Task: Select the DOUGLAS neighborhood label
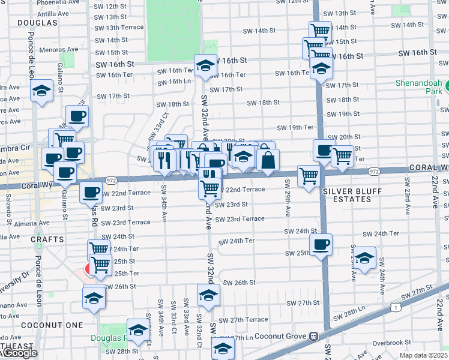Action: pos(37,23)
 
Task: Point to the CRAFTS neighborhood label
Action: pos(49,239)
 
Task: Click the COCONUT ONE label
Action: pos(43,325)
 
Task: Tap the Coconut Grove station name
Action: pos(281,337)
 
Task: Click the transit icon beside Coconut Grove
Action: pos(313,337)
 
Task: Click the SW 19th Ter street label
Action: pos(295,127)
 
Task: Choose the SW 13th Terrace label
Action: pos(120,28)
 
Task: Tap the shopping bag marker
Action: pos(268,159)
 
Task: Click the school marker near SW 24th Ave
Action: pos(364,257)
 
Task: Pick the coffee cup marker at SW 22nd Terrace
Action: pos(91,192)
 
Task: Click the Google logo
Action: pos(19,353)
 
